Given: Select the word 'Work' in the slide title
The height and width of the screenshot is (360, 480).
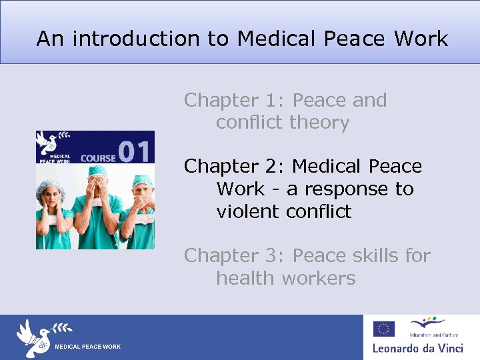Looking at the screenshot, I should (x=421, y=39).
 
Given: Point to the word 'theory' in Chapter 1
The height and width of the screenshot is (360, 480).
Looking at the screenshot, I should (x=319, y=123).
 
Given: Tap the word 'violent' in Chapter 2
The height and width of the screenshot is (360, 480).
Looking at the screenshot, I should (x=248, y=211).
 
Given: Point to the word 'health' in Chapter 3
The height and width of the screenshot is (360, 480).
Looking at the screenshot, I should (x=245, y=278).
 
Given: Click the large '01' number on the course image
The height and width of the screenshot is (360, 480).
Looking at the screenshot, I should (x=136, y=151).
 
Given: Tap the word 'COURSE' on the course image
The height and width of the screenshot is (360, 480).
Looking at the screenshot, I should (x=97, y=158).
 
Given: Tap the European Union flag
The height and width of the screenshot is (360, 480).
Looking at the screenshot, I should (x=383, y=328).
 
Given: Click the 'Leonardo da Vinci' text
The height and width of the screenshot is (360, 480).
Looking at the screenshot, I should (x=421, y=347).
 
